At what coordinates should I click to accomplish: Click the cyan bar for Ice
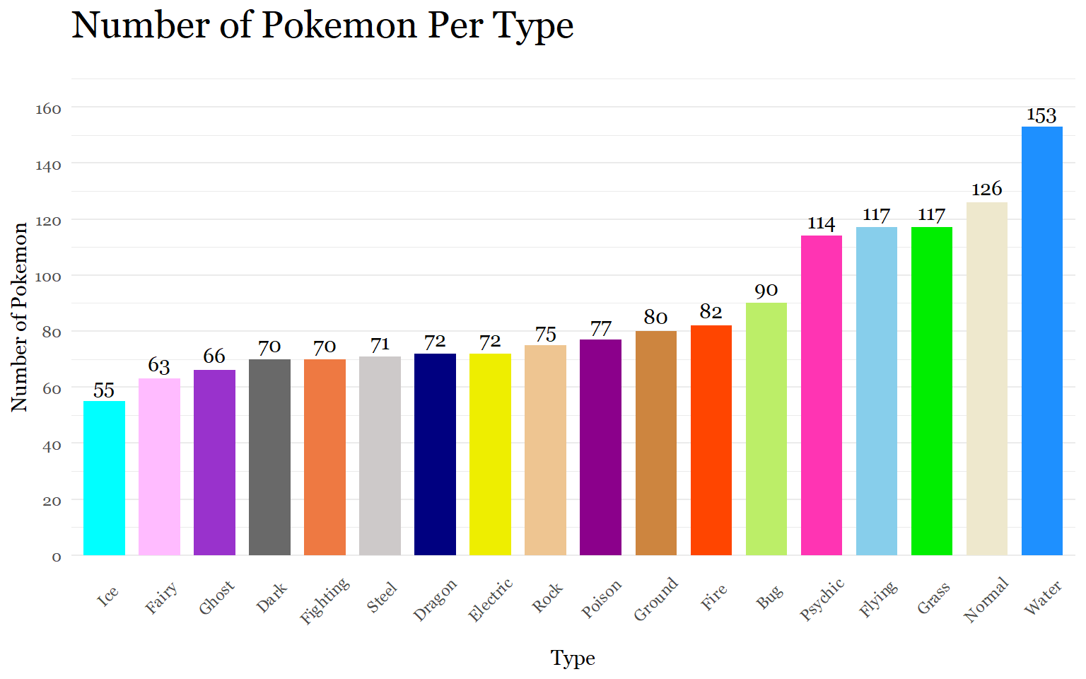pyautogui.click(x=104, y=478)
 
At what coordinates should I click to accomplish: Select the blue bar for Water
pyautogui.click(x=1042, y=341)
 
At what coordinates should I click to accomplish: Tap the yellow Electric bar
pyautogui.click(x=490, y=454)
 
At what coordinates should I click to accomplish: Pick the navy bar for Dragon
pyautogui.click(x=435, y=454)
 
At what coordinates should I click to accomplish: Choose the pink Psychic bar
pyautogui.click(x=822, y=395)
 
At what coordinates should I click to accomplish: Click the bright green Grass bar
pyautogui.click(x=932, y=391)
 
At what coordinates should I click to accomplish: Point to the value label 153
pyautogui.click(x=1041, y=115)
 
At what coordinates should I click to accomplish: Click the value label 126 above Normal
pyautogui.click(x=986, y=189)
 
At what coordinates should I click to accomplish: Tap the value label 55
pyautogui.click(x=104, y=390)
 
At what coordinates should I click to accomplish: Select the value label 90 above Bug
pyautogui.click(x=766, y=291)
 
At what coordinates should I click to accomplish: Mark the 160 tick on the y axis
pyautogui.click(x=48, y=109)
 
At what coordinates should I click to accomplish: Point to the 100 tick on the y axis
pyautogui.click(x=48, y=277)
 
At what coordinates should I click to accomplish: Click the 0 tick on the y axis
pyautogui.click(x=57, y=557)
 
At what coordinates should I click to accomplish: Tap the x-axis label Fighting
pyautogui.click(x=325, y=600)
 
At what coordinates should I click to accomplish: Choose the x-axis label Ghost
pyautogui.click(x=216, y=598)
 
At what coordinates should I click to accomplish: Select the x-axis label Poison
pyautogui.click(x=602, y=598)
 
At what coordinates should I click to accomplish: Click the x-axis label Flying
pyautogui.click(x=878, y=598)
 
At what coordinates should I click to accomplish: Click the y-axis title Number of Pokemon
pyautogui.click(x=20, y=316)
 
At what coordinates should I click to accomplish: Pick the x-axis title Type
pyautogui.click(x=573, y=658)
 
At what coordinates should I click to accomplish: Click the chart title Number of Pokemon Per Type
pyautogui.click(x=322, y=25)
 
